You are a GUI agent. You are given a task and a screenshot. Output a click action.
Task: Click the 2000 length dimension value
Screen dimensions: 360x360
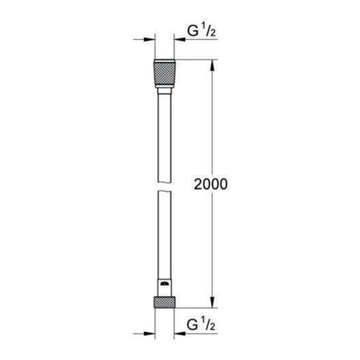tap(211, 183)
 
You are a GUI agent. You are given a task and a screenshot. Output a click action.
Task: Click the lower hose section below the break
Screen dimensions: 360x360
tap(164, 239)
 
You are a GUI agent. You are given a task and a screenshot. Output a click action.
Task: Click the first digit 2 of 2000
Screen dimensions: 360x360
tap(197, 183)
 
